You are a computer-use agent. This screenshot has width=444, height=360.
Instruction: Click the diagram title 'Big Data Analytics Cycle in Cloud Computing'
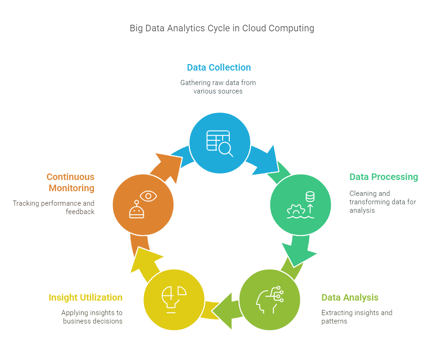click(x=222, y=28)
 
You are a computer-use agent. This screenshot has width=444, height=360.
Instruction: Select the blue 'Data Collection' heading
click(x=218, y=67)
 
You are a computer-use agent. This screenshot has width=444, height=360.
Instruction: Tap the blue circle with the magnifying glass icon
click(x=219, y=143)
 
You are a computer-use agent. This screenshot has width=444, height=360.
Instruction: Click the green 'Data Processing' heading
click(x=384, y=177)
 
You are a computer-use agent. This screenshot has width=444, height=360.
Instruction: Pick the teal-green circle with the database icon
click(x=300, y=205)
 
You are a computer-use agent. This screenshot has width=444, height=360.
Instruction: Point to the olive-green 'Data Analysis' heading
click(x=349, y=298)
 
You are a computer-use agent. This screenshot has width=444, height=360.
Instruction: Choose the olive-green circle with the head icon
click(x=269, y=299)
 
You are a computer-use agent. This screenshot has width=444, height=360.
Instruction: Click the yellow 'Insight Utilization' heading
click(x=86, y=298)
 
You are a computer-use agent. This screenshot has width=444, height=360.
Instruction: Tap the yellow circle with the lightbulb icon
click(x=174, y=299)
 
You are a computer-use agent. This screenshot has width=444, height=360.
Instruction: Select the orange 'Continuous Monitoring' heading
click(x=70, y=182)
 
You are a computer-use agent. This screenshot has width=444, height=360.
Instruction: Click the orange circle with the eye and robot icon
click(x=143, y=205)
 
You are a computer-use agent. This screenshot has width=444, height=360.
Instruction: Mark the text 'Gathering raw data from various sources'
click(x=218, y=87)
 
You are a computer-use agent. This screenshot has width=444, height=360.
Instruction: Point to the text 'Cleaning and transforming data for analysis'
click(x=382, y=202)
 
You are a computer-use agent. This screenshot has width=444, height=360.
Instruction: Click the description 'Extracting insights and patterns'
click(x=357, y=317)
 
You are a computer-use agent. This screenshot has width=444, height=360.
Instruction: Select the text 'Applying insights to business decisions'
click(x=92, y=317)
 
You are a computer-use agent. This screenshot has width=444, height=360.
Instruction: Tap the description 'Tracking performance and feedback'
click(x=54, y=208)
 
